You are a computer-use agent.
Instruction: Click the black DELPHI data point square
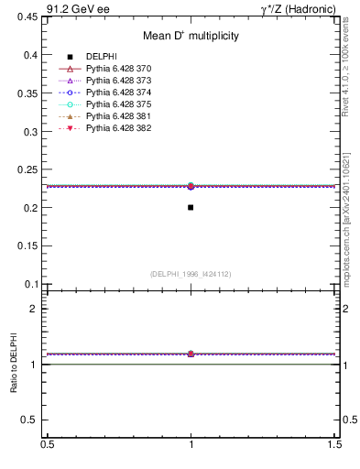coord(191,207)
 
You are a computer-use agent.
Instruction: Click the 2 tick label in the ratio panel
coord(37,309)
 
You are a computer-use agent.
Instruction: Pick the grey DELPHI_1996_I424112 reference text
coord(191,273)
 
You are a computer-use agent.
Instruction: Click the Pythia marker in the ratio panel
coord(191,354)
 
